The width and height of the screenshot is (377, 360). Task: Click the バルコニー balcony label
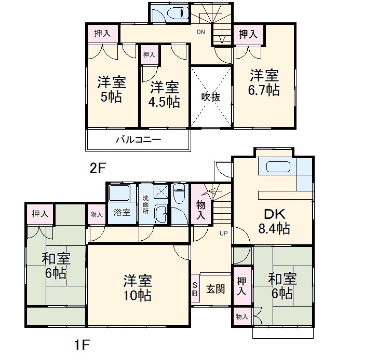138,140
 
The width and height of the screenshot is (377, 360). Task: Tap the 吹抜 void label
211,97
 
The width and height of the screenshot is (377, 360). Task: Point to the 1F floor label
82,344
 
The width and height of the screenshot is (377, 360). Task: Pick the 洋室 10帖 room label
138,288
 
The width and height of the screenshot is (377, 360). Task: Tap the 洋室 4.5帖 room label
165,94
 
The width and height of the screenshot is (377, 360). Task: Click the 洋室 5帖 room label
111,89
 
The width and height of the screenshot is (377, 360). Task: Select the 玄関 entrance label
216,289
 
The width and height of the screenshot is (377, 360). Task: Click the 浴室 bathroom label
122,212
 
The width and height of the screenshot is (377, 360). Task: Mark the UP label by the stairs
224,233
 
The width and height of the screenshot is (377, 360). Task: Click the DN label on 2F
201,32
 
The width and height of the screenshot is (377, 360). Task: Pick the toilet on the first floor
180,196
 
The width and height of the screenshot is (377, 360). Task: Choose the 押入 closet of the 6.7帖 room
248,35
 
